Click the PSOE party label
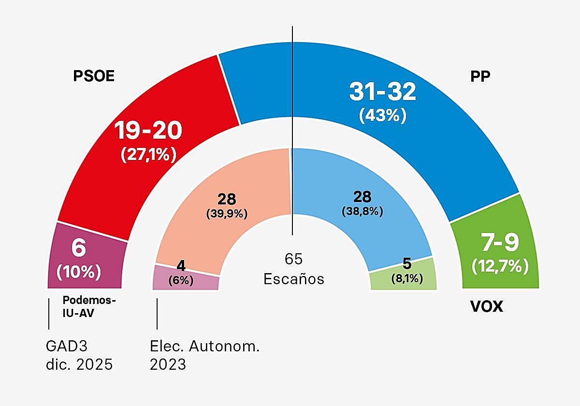pos(94,76)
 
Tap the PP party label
pos(480,76)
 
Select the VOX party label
pos(486,306)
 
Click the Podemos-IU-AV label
pos(89,306)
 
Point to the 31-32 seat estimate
pos(382,92)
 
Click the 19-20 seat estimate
pos(148,130)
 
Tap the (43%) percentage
pos(382,116)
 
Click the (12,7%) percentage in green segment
pos(500,265)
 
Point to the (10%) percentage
pos(79,272)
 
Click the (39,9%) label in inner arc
pos(227,213)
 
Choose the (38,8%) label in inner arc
pos(362,211)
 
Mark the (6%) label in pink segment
pos(181,280)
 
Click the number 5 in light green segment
pos(407,264)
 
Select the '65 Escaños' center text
pos(293,269)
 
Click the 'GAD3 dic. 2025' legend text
pos(79,355)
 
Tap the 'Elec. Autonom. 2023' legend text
pos(204,355)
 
